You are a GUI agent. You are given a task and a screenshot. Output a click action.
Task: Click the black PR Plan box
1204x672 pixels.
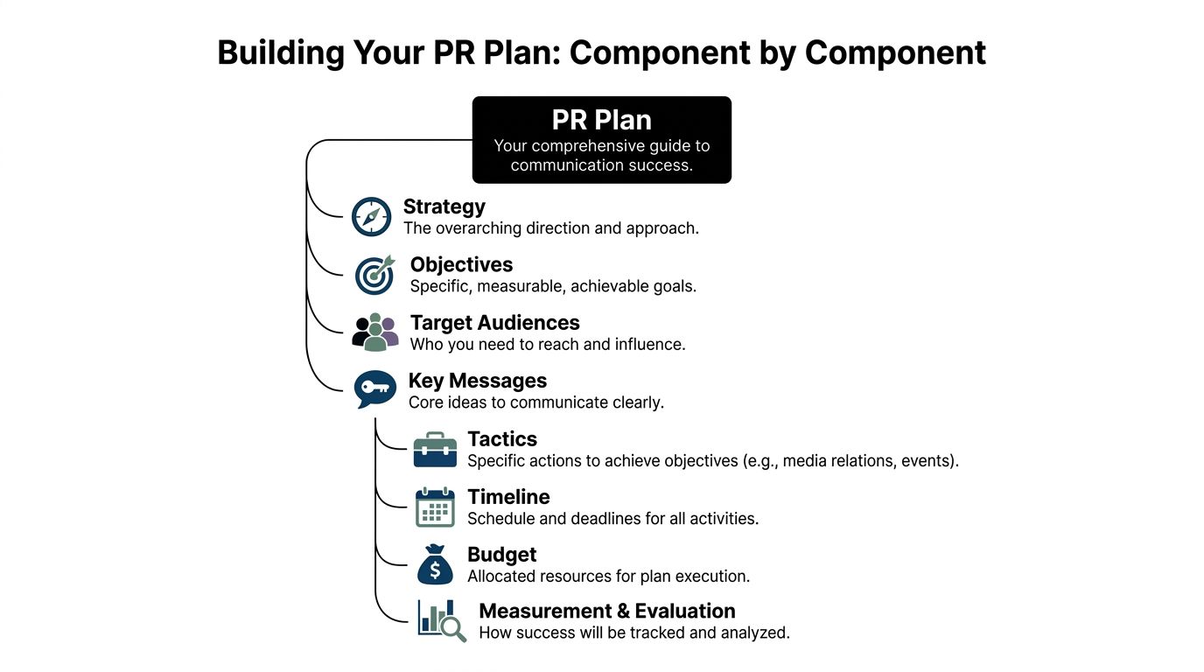pyautogui.click(x=601, y=140)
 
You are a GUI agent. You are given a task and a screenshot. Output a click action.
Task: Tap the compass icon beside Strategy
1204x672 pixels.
pyautogui.click(x=371, y=217)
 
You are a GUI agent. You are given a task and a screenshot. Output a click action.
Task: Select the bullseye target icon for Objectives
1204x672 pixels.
pyautogui.click(x=375, y=275)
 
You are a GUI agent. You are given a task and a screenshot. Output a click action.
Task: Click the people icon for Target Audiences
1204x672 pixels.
pyautogui.click(x=375, y=332)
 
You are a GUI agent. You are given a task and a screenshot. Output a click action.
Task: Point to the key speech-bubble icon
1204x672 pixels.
pyautogui.click(x=375, y=389)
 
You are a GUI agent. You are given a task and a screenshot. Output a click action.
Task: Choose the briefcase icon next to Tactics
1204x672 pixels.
pyautogui.click(x=435, y=449)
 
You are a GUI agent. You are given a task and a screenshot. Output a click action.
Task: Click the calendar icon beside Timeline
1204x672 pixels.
pyautogui.click(x=435, y=507)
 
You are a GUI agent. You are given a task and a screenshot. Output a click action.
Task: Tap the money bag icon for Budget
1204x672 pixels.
pyautogui.click(x=435, y=565)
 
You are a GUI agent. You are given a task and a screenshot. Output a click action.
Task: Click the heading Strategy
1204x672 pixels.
pyautogui.click(x=444, y=207)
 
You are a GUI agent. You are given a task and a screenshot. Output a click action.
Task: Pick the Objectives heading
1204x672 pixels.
pyautogui.click(x=461, y=265)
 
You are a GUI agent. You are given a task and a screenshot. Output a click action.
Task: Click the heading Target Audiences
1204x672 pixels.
pyautogui.click(x=494, y=323)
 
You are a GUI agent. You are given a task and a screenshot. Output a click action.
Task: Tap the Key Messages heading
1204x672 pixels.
pyautogui.click(x=477, y=381)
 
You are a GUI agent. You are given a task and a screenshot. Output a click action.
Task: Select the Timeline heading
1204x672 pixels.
pyautogui.click(x=508, y=497)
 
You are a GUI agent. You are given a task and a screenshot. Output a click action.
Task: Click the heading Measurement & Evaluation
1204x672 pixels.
pyautogui.click(x=606, y=611)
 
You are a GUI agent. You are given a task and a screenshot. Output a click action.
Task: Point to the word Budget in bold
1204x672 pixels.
pyautogui.click(x=501, y=555)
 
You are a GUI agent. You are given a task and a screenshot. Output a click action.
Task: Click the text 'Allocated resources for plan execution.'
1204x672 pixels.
pyautogui.click(x=608, y=577)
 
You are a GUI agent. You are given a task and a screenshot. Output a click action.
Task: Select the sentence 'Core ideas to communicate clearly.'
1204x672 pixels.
pyautogui.click(x=535, y=402)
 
